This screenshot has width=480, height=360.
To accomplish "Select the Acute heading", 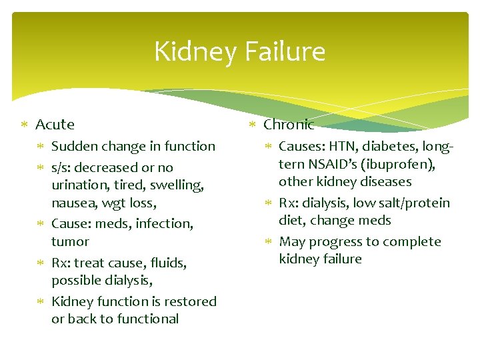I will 55,125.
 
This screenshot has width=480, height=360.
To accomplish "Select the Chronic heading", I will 289,125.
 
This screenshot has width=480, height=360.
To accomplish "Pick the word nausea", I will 74,202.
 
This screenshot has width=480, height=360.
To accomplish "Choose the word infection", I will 164,224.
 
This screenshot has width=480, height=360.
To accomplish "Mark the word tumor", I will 70,241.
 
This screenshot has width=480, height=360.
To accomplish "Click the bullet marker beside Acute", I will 25,125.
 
